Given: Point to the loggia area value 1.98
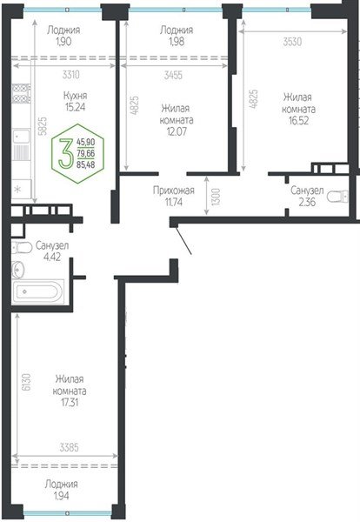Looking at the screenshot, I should point(177,42).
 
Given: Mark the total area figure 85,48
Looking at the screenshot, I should point(87,164).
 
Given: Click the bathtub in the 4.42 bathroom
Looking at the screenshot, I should point(40,292).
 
